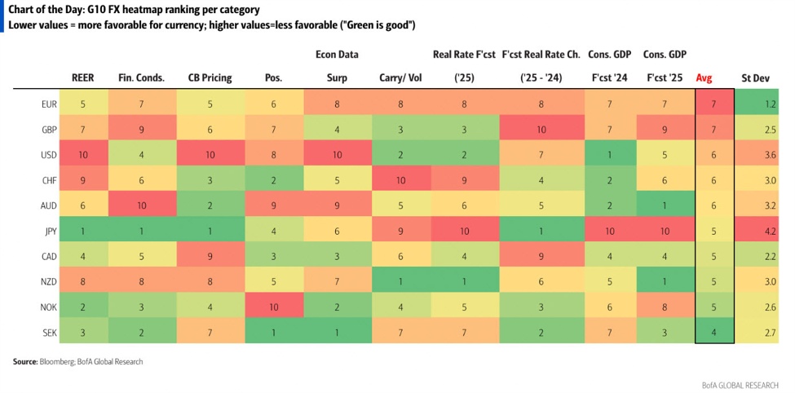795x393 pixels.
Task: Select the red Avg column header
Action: [x=704, y=78]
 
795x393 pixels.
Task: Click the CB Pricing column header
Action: [x=210, y=78]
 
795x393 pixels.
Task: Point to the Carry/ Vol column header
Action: [x=401, y=78]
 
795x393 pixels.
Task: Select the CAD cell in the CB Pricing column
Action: [x=210, y=255]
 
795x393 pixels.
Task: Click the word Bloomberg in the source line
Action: [x=59, y=360]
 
